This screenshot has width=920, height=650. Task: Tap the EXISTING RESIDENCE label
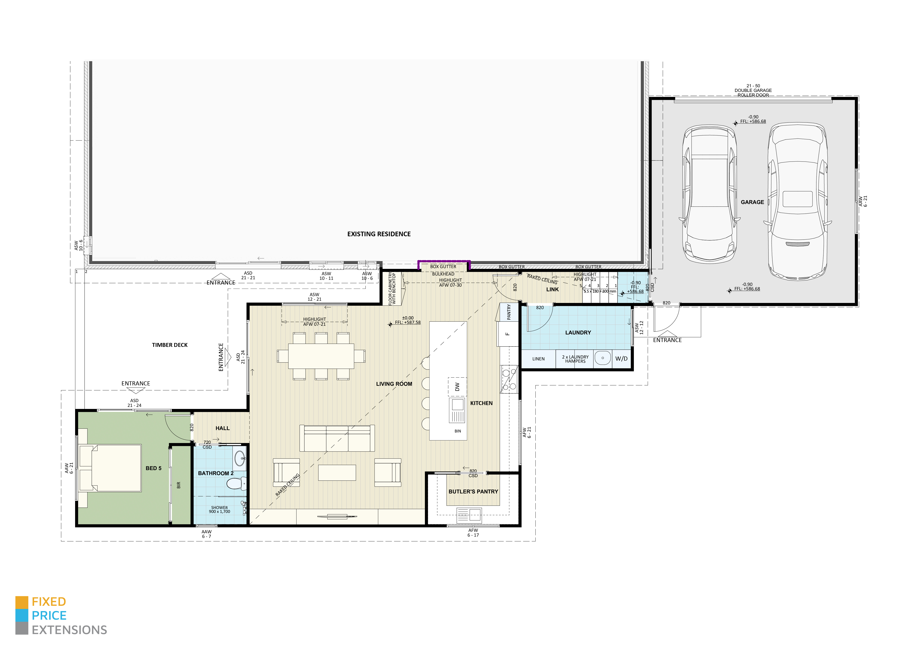click(x=379, y=234)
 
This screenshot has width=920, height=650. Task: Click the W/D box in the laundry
click(x=621, y=359)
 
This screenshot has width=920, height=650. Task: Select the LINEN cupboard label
click(x=538, y=359)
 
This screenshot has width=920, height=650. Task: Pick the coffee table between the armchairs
click(x=337, y=472)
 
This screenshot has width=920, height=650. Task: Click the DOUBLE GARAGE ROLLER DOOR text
click(x=753, y=90)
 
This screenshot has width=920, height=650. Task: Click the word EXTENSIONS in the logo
click(x=69, y=630)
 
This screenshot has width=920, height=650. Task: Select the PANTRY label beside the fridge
click(x=508, y=312)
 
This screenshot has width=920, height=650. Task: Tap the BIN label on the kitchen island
click(x=458, y=431)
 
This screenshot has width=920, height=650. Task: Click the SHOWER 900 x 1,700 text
click(x=219, y=510)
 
